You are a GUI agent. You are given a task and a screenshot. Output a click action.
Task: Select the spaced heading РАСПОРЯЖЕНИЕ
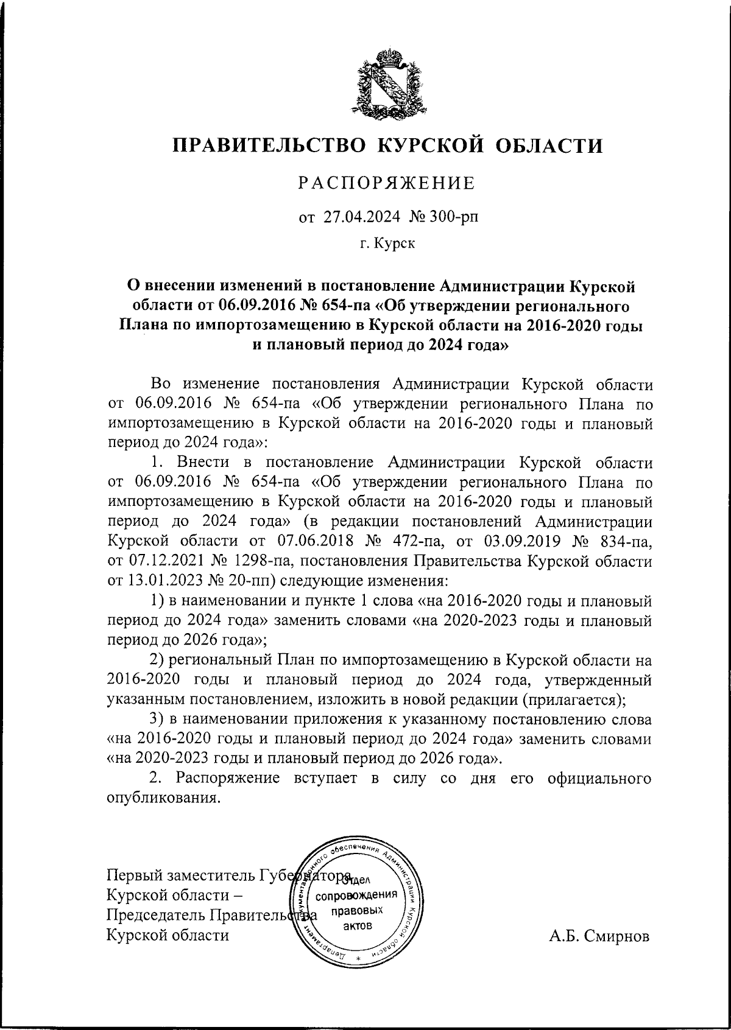pos(386,183)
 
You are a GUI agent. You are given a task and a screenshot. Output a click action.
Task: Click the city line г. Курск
pos(387,244)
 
